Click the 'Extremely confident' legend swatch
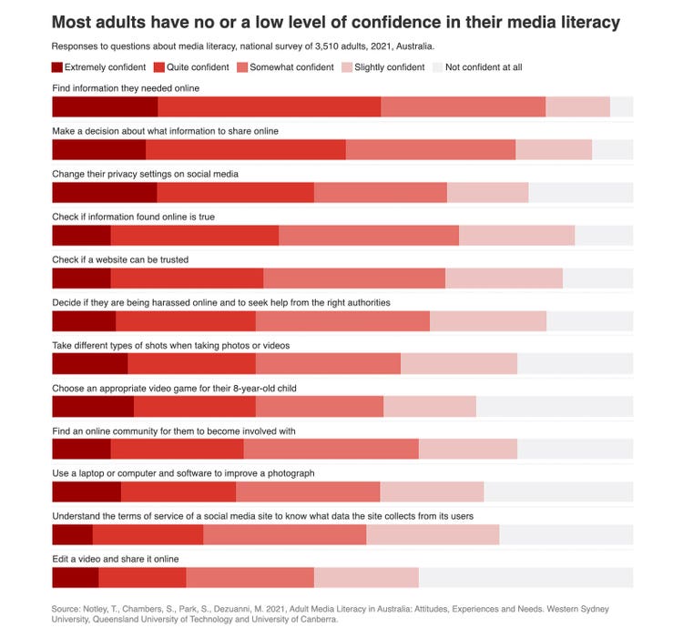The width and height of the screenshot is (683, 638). [57, 67]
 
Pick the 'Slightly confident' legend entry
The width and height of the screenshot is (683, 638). [382, 67]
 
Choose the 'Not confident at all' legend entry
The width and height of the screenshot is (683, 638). [477, 67]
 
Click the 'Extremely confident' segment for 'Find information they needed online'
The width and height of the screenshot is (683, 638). [105, 106]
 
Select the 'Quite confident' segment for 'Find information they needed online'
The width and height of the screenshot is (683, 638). [270, 106]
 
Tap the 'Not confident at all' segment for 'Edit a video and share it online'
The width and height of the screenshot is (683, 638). [525, 578]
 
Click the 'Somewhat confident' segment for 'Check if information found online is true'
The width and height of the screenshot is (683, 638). [369, 235]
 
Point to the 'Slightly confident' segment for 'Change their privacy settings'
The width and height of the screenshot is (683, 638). [488, 192]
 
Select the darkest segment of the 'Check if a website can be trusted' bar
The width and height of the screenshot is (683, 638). [81, 278]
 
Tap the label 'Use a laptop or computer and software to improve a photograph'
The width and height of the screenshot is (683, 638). [183, 473]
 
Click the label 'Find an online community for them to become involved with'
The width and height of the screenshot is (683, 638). [173, 430]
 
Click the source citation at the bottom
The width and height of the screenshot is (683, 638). [330, 613]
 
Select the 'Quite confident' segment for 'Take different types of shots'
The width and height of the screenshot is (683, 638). [191, 364]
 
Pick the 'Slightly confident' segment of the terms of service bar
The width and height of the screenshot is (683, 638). [433, 535]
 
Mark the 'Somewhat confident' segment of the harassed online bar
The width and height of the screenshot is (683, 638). [342, 320]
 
